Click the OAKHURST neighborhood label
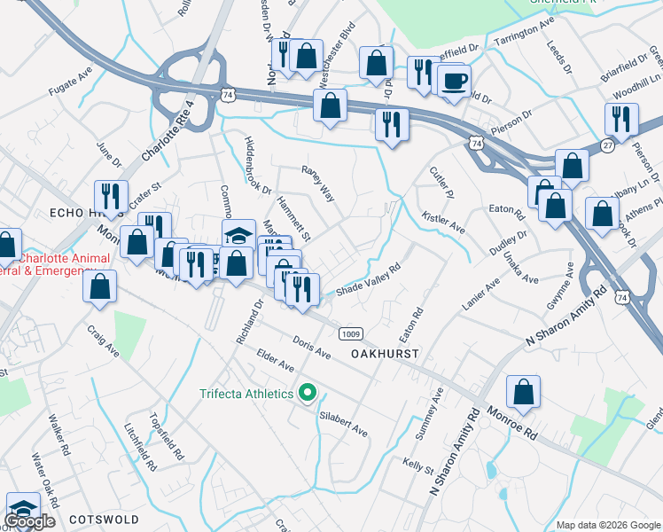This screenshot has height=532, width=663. pyautogui.click(x=384, y=353)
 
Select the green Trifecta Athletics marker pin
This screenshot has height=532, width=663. pyautogui.click(x=308, y=392)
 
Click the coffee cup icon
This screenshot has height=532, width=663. pyautogui.click(x=454, y=81)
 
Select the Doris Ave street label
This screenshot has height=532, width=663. pyautogui.click(x=311, y=348)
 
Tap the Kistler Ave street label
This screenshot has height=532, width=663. pyautogui.click(x=443, y=223)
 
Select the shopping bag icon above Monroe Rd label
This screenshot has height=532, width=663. pyautogui.click(x=524, y=392)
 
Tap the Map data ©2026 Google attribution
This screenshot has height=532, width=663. pyautogui.click(x=607, y=525)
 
